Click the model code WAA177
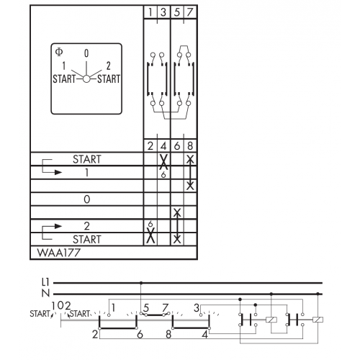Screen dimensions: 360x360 click(59, 253)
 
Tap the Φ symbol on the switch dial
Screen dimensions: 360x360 click(59, 52)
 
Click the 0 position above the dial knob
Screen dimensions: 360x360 click(86, 53)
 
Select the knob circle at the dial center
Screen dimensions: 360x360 click(86, 78)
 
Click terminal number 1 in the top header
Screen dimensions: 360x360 click(150, 12)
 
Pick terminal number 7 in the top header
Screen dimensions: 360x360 click(190, 12)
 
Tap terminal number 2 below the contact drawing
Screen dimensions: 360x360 click(150, 145)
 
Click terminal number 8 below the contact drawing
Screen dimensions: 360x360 click(190, 145)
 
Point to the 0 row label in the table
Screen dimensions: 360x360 click(87, 199)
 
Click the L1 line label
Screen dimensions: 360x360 click(45, 282)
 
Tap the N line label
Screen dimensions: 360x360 click(45, 293)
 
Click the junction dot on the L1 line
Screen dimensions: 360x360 click(141, 283)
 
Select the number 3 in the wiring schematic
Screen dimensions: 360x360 click(197, 307)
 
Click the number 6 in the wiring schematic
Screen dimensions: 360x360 click(140, 334)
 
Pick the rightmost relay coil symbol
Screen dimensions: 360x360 click(318, 320)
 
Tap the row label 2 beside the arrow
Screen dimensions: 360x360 click(87, 226)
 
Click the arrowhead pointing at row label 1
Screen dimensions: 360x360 click(58, 172)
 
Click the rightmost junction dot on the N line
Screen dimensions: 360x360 click(318, 294)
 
